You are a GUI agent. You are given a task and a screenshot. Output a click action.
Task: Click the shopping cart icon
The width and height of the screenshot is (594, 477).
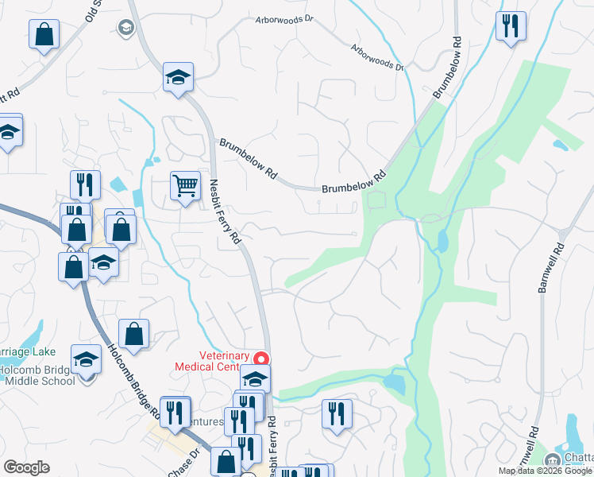pyautogui.click(x=185, y=186)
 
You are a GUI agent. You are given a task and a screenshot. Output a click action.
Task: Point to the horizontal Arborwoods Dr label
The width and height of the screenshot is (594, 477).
pyautogui.click(x=284, y=20)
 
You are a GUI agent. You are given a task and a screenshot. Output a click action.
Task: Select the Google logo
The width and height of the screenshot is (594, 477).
pyautogui.click(x=26, y=467)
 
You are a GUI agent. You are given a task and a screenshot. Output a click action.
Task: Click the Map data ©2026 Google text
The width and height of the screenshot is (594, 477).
pyautogui.click(x=546, y=471)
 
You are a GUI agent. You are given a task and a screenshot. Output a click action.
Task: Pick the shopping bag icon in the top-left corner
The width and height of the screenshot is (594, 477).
pyautogui.click(x=44, y=34)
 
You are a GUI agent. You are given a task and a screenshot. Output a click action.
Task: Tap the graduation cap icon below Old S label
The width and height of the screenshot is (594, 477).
pyautogui.click(x=178, y=77)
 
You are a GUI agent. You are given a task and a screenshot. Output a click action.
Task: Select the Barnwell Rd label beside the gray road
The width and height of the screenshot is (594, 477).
pyautogui.click(x=550, y=268)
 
